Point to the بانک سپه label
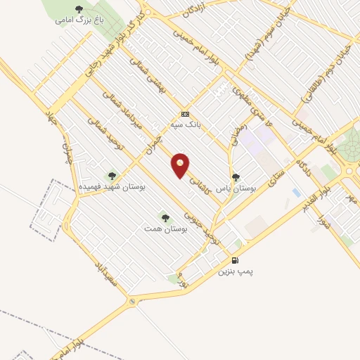point(185,125)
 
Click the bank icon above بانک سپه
point(185,114)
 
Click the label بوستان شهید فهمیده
point(111,188)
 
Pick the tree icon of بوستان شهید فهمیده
point(111,176)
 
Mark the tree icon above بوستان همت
point(165,217)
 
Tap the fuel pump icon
point(235,259)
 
